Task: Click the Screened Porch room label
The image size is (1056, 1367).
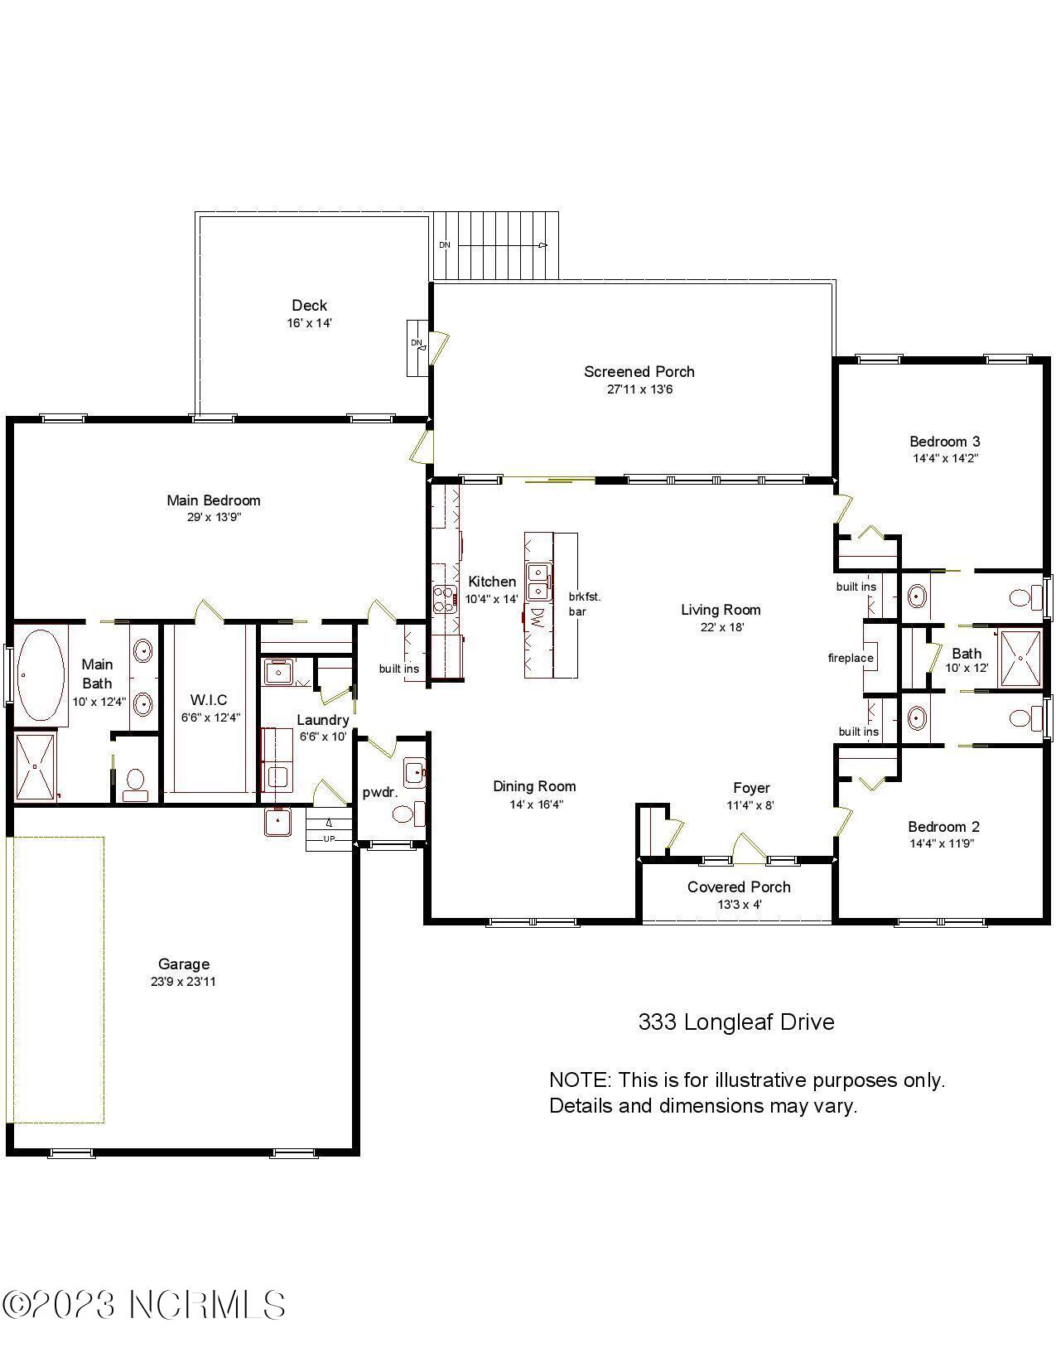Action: (x=639, y=372)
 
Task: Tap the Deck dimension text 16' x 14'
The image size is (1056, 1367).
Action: (x=309, y=323)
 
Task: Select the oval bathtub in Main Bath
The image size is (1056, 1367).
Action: (x=41, y=675)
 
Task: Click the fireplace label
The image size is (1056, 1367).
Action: (x=851, y=659)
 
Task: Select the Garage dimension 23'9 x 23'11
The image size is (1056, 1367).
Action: (x=184, y=982)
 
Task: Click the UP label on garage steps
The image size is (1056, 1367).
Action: (x=329, y=838)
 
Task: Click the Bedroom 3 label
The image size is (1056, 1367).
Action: (x=945, y=442)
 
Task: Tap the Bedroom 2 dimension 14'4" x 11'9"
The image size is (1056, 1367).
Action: (x=943, y=843)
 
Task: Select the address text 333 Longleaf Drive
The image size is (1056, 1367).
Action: (x=735, y=1022)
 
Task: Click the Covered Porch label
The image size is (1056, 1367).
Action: (x=739, y=887)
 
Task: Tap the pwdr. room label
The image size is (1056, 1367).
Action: (x=380, y=792)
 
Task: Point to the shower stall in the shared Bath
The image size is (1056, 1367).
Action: (x=1020, y=659)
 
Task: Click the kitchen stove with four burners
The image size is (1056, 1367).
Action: (x=445, y=598)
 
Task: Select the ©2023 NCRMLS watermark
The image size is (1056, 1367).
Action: (x=144, y=1306)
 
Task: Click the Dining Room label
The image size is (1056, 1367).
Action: (x=534, y=786)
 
